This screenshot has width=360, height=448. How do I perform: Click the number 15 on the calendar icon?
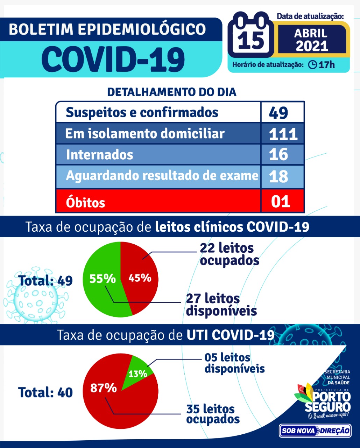[251, 40]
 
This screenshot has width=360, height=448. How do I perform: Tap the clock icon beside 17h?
[312, 65]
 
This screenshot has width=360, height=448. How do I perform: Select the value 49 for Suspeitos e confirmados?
[278, 113]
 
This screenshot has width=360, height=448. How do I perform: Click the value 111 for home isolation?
[283, 134]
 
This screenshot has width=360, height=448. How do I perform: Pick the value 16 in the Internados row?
[278, 155]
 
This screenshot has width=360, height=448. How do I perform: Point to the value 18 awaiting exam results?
[278, 176]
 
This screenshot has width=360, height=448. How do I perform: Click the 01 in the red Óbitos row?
[281, 202]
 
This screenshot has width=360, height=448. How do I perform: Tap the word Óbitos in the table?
[85, 202]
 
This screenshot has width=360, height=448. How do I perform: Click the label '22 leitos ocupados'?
[230, 254]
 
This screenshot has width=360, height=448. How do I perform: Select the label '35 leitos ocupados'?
[213, 414]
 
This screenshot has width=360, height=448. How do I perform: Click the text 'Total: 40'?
[45, 392]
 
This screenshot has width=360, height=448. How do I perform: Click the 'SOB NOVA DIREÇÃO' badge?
[315, 430]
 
